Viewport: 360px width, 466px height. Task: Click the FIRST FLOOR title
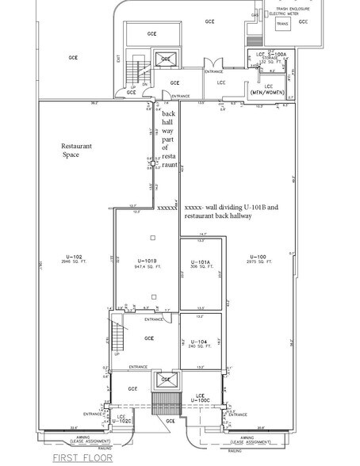click(x=83, y=458)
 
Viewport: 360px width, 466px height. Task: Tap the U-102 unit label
click(x=74, y=257)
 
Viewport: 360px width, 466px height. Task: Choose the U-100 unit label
click(x=257, y=257)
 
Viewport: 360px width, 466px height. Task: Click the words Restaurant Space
click(x=78, y=151)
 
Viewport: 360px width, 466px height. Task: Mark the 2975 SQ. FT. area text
click(x=257, y=262)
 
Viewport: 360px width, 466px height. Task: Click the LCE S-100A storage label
click(x=272, y=54)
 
